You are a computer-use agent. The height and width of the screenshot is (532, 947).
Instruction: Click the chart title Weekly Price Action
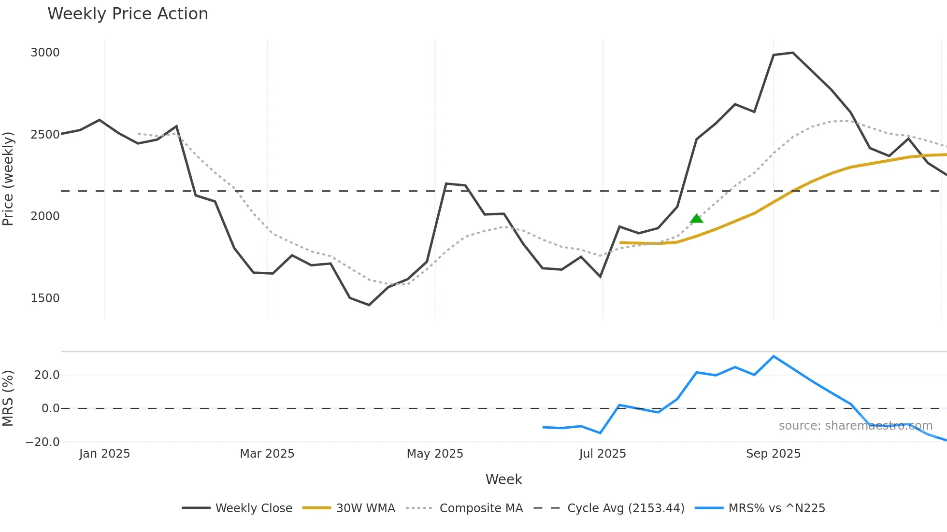point(128,14)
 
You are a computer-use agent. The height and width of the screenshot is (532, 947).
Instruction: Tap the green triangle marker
point(696,219)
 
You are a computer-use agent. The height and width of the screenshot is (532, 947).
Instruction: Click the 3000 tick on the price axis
point(45,53)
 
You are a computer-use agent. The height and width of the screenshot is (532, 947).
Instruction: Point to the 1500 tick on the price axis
point(45,298)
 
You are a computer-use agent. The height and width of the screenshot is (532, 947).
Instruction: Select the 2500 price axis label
point(45,135)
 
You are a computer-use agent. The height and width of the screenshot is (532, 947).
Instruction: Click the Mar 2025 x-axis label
point(267,454)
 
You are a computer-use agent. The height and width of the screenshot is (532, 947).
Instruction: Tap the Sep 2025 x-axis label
point(773,454)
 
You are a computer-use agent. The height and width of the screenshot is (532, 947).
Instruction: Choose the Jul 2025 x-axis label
point(602,454)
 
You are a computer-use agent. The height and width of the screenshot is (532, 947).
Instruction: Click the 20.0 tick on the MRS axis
point(47,375)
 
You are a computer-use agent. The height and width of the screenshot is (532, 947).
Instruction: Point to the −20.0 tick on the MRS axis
point(43,442)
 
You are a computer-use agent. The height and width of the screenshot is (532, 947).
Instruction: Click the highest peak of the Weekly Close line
point(792,53)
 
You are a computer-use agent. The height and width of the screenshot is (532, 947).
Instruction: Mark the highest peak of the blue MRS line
point(774,356)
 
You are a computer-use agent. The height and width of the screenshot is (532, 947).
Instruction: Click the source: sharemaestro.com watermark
point(855,426)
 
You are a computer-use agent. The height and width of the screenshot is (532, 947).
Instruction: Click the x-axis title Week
point(503,479)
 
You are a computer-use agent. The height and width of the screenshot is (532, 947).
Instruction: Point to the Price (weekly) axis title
point(8,179)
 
